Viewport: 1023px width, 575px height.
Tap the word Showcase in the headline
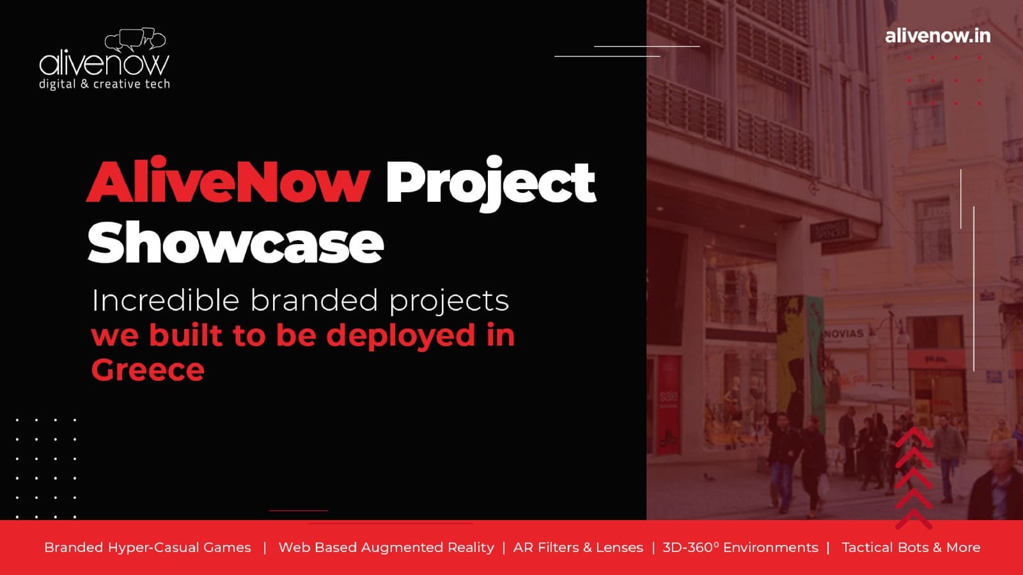point(236,242)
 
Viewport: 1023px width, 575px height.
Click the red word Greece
point(148,370)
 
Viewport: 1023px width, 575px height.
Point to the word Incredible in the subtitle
point(166,300)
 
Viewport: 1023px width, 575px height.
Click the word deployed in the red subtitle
point(400,336)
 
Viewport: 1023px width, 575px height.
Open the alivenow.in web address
point(937,36)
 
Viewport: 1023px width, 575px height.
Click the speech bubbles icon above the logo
point(135,39)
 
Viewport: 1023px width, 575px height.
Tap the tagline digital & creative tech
point(105,84)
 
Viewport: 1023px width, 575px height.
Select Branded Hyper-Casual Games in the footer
point(148,547)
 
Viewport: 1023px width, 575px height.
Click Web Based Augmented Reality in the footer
point(386,547)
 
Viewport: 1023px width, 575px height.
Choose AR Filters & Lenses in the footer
point(578,547)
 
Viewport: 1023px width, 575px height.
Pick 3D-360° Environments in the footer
point(740,547)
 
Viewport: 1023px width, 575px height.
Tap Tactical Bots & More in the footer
point(911,547)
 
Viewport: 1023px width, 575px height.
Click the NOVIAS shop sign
point(844,333)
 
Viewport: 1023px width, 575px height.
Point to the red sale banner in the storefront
point(669,404)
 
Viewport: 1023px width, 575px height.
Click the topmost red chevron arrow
point(914,437)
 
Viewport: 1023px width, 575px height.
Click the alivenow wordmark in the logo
point(104,64)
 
